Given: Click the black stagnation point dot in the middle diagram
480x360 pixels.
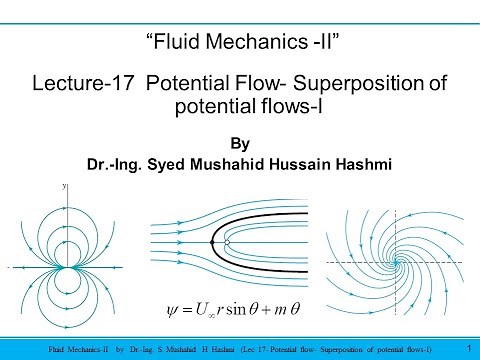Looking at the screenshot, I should (213, 242).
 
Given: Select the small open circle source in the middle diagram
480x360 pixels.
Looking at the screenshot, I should (228, 242).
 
